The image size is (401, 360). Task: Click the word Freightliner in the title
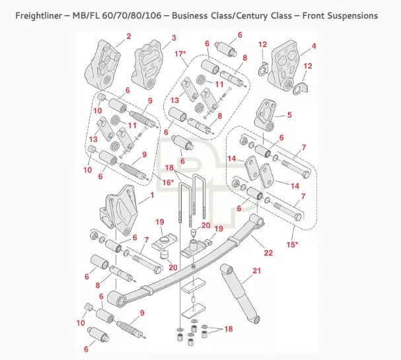[x=41, y=15]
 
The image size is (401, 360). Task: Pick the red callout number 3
[x=173, y=38]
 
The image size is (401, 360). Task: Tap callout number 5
[x=289, y=114]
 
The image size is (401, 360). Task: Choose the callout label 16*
[x=168, y=182]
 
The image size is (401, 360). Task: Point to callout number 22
[x=268, y=252]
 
